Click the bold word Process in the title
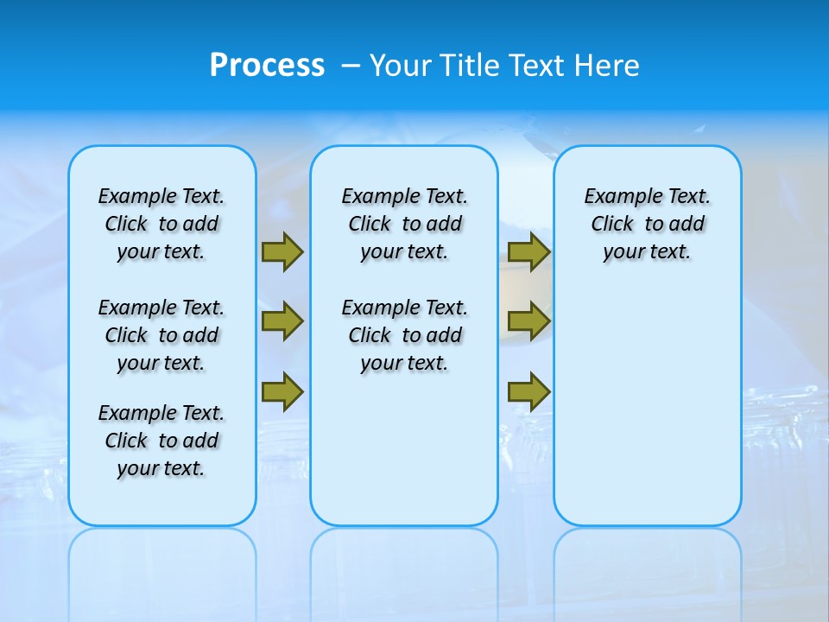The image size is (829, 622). [267, 66]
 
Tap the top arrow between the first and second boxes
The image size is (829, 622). [282, 252]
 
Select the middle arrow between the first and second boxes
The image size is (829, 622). [282, 321]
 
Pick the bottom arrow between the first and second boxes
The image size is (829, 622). [282, 392]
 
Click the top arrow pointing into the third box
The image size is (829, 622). [528, 252]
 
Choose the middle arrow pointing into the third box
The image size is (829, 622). [528, 321]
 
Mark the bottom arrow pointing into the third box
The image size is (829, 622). [528, 392]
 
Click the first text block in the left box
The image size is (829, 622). [161, 224]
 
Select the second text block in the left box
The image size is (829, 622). [161, 335]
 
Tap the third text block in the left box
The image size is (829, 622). [161, 441]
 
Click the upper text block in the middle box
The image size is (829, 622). [404, 224]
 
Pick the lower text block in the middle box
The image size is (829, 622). [404, 335]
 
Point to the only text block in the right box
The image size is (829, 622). [647, 224]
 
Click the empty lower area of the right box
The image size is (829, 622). [647, 415]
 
